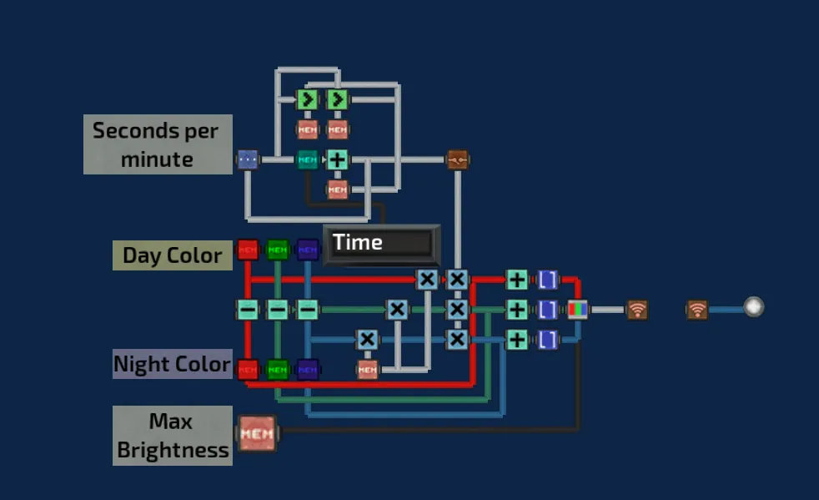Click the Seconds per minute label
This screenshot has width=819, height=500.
click(x=157, y=144)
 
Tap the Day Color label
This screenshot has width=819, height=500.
click(x=172, y=255)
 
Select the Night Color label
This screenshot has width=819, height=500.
click(x=172, y=364)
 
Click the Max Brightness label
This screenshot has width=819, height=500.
click(x=172, y=436)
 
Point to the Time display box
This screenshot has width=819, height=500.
click(x=381, y=244)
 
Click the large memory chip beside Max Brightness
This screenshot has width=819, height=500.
click(x=257, y=434)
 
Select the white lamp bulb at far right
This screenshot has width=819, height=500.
click(x=753, y=307)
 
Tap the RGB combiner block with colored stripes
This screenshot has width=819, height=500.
click(x=577, y=310)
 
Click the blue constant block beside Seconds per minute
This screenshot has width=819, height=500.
click(x=247, y=159)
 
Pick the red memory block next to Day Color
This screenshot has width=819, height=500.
click(x=248, y=250)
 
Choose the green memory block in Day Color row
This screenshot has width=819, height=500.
click(x=278, y=250)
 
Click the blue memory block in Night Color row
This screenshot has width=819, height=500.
click(x=308, y=368)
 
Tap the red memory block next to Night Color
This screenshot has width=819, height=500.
click(x=248, y=368)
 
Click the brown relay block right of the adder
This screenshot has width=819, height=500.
click(x=457, y=159)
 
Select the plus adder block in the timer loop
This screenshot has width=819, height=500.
click(x=337, y=159)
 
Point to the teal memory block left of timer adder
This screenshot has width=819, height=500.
click(x=308, y=159)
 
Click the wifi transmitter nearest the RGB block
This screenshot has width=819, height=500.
click(x=637, y=310)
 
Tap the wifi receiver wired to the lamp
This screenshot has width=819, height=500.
click(x=697, y=310)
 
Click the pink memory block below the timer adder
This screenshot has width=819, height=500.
click(x=337, y=189)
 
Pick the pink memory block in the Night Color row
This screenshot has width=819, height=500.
click(x=368, y=368)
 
